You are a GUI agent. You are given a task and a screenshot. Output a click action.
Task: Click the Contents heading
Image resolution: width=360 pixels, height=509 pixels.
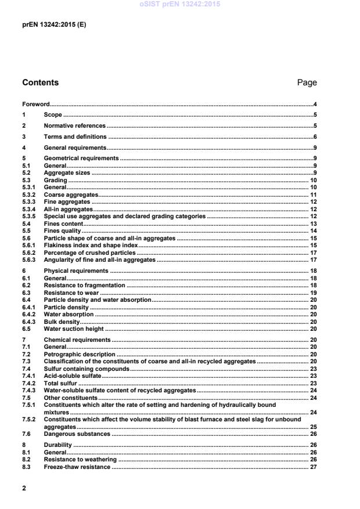pos(40,82)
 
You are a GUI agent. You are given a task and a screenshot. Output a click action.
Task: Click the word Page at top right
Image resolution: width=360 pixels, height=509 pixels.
pos(307,82)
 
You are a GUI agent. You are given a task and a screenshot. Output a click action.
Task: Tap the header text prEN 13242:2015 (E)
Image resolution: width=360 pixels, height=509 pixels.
pos(54,26)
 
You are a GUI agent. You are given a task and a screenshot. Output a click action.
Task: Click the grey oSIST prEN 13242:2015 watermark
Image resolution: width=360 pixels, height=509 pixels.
pos(179,4)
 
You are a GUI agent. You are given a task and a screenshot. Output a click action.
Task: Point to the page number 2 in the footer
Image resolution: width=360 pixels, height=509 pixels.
pos(24,488)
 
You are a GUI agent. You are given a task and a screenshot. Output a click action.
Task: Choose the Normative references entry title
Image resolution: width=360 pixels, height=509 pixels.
pos(75,125)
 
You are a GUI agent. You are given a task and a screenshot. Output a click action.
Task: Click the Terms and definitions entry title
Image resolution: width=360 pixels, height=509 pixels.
pos(75,136)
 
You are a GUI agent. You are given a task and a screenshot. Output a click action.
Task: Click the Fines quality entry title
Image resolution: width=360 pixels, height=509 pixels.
pos(63,231)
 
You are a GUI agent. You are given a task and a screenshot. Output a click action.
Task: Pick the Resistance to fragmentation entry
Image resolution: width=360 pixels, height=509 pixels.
pos(85,286)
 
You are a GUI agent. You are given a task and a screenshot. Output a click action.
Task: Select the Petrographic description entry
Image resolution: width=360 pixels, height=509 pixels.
pos(80,354)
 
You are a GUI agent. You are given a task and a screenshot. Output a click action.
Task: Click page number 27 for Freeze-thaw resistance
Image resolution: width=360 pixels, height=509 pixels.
pos(312,467)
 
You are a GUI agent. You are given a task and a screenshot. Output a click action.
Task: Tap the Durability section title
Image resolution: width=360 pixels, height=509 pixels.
pos(58,445)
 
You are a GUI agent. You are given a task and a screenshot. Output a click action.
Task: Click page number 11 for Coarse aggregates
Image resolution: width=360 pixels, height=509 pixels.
pos(312,195)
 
